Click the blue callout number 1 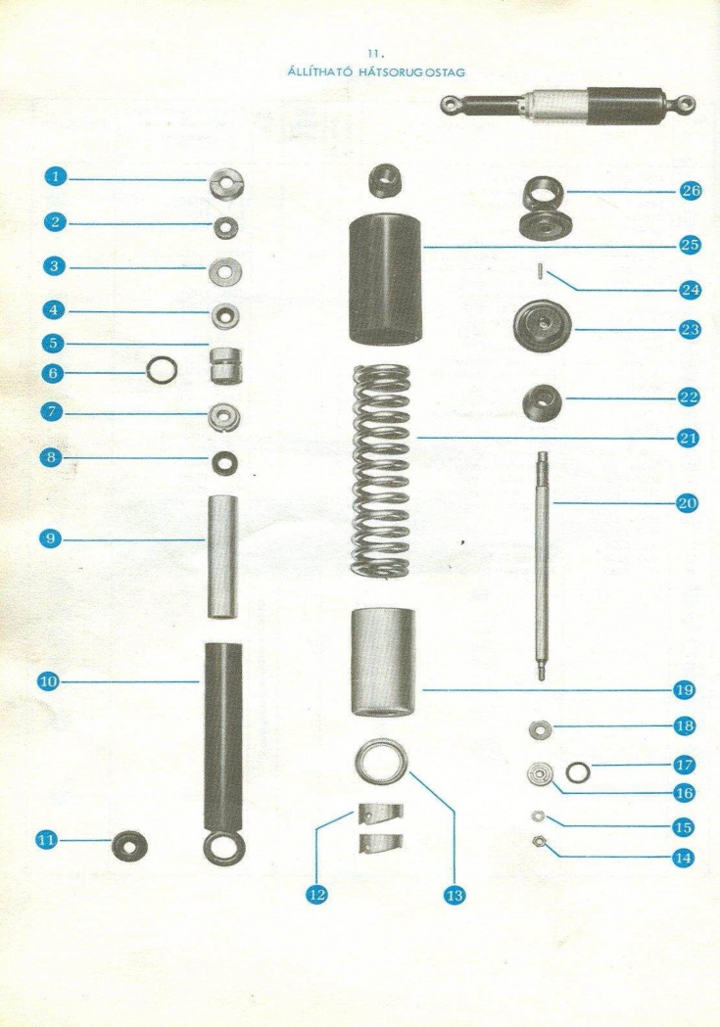pos(56,177)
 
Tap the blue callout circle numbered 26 pos(691,191)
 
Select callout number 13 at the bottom pos(454,895)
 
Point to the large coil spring pos(383,469)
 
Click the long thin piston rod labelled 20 pos(542,565)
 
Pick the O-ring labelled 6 pos(162,371)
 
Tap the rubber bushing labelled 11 pos(129,846)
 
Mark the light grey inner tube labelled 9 pos(222,557)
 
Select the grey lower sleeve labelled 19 pos(383,663)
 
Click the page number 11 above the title pos(374,55)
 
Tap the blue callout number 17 pos(686,765)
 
